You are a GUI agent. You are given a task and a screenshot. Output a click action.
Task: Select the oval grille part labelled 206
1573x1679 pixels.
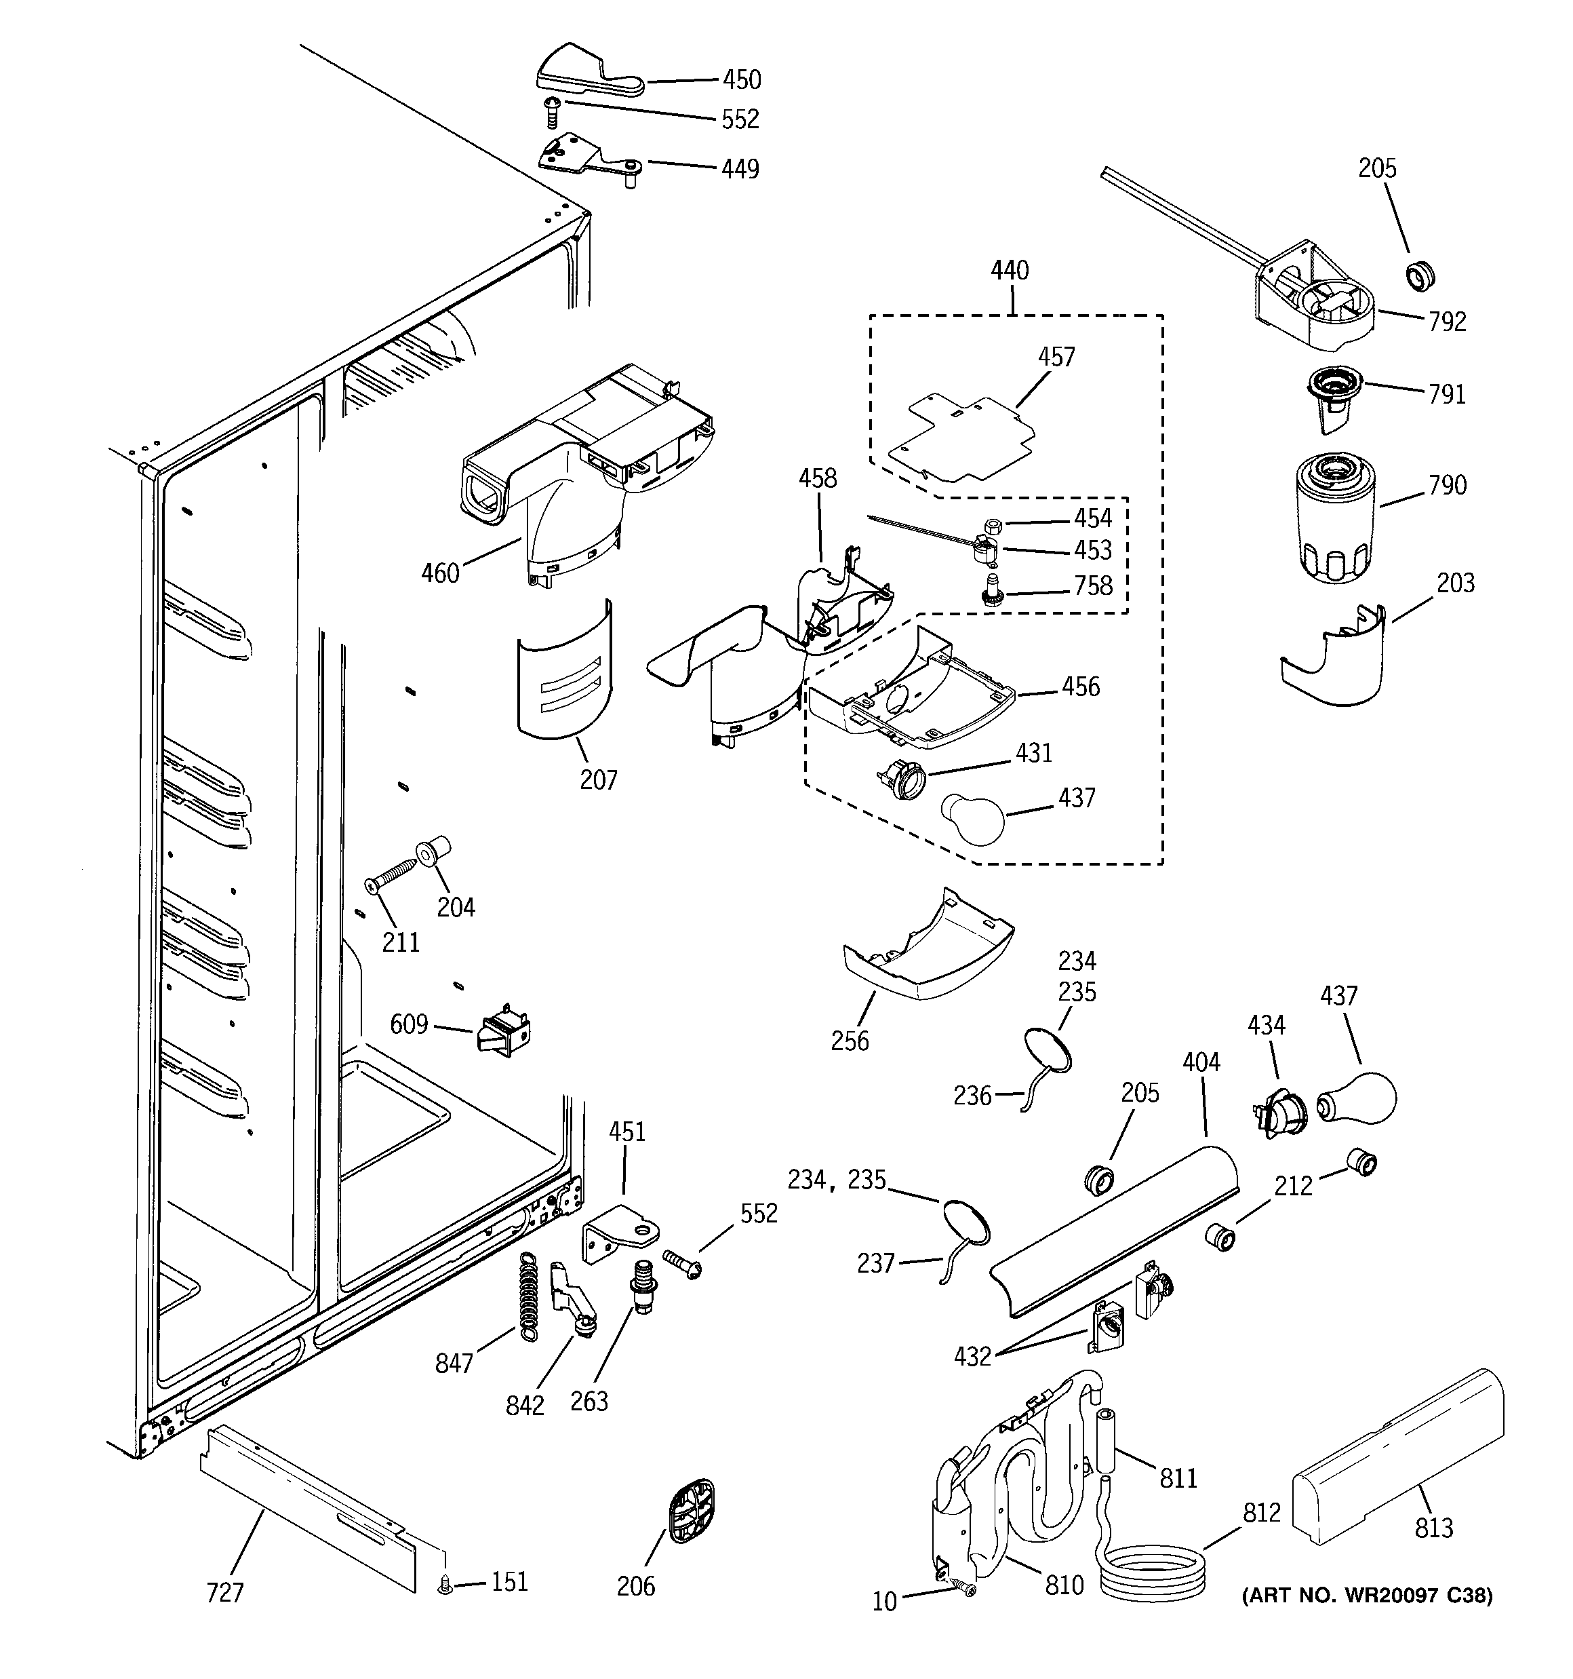691,1511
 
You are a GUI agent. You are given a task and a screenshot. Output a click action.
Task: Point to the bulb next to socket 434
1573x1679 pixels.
1356,1098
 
